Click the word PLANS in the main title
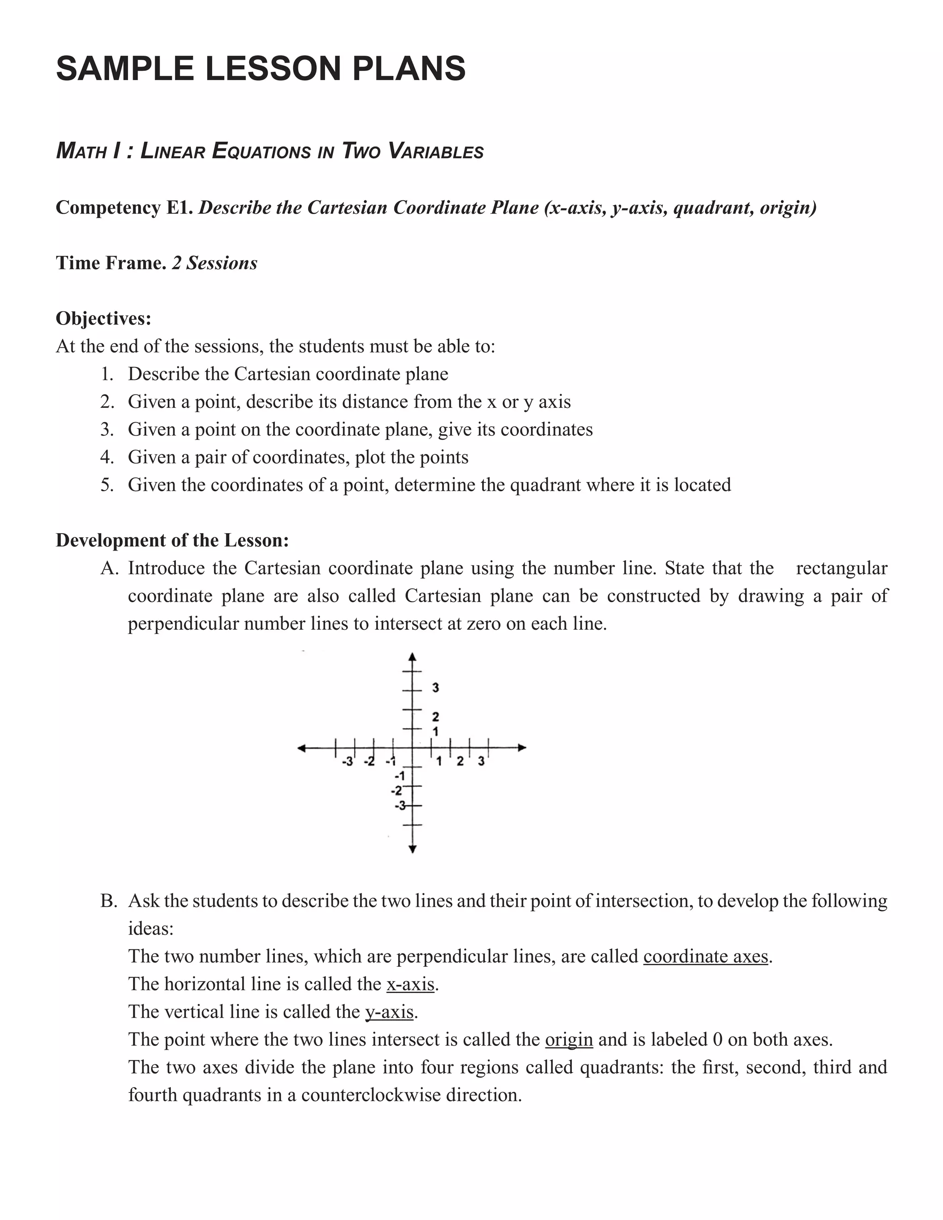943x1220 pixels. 408,68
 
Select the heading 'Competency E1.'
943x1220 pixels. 125,208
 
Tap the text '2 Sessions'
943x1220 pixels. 214,263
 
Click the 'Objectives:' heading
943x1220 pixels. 103,319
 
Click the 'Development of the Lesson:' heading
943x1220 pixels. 172,540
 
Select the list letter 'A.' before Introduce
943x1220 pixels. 110,568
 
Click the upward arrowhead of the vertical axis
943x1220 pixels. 412,657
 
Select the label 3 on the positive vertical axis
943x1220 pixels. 436,688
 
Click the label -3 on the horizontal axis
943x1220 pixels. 347,762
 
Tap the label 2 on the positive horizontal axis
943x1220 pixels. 460,761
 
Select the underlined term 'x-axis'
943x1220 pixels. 410,984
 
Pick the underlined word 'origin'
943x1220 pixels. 568,1040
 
